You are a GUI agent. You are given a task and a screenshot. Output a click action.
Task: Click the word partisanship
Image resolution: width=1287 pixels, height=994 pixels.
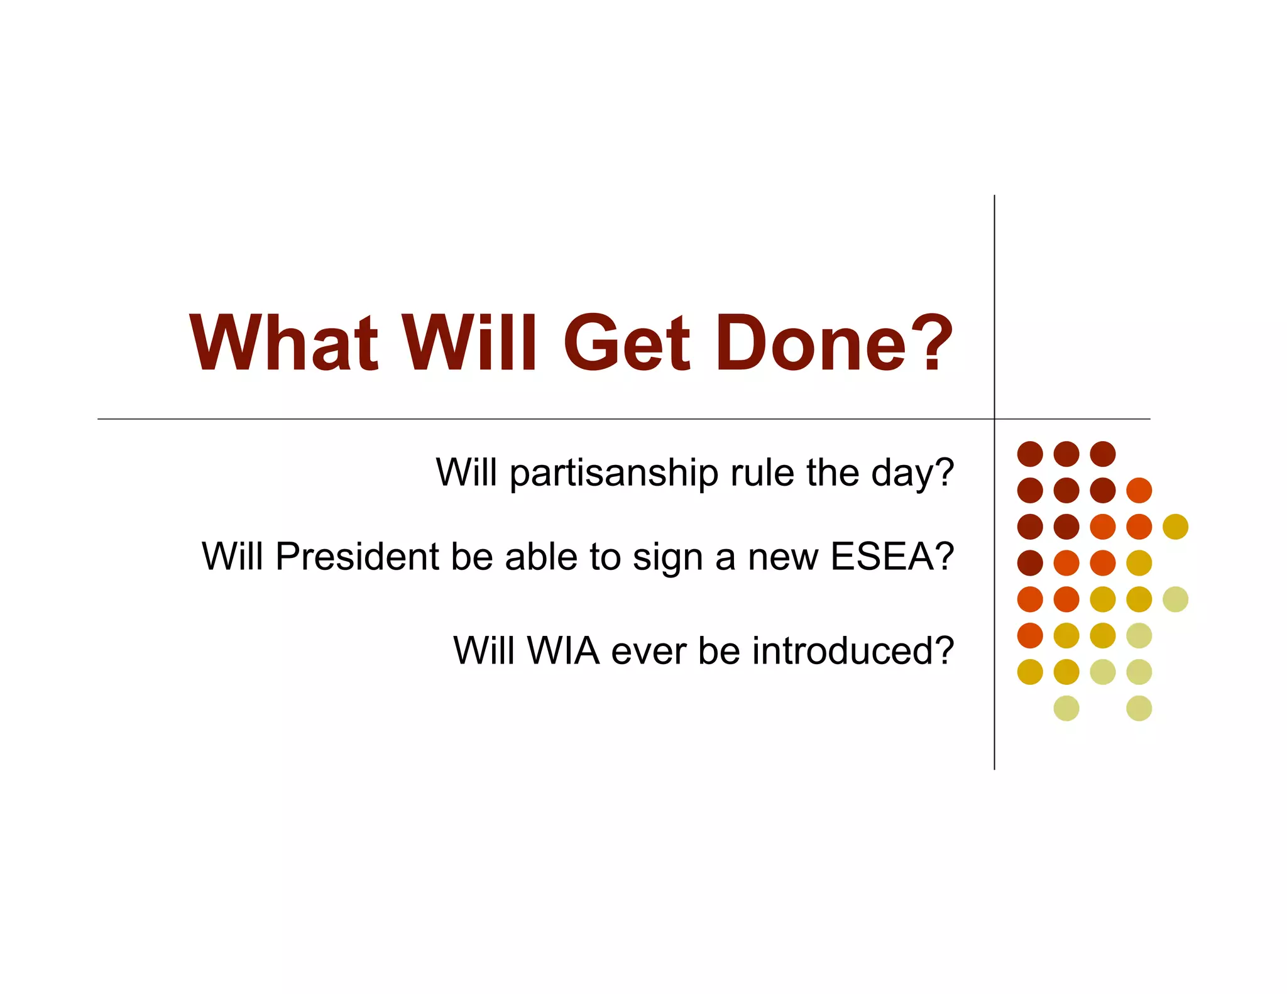pyautogui.click(x=613, y=474)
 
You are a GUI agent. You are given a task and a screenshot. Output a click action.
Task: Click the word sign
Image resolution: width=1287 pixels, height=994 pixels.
pyautogui.click(x=667, y=558)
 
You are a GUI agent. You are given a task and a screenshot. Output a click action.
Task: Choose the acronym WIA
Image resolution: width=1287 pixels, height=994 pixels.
pyautogui.click(x=563, y=650)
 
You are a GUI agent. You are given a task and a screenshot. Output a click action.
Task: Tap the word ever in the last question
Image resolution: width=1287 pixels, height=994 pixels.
pyautogui.click(x=649, y=652)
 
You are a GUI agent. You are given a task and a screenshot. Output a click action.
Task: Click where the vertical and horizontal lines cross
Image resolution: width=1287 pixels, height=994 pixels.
pyautogui.click(x=994, y=419)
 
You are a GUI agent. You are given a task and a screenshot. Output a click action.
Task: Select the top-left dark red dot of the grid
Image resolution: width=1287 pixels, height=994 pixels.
pyautogui.click(x=1030, y=454)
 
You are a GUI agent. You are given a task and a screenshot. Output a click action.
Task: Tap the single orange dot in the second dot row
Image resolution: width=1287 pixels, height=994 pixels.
pyautogui.click(x=1139, y=490)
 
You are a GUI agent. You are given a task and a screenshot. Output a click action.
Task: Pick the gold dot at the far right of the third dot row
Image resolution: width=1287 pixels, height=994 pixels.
pyautogui.click(x=1175, y=527)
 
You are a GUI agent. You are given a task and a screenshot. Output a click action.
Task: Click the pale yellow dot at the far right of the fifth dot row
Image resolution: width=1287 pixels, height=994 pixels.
pyautogui.click(x=1175, y=599)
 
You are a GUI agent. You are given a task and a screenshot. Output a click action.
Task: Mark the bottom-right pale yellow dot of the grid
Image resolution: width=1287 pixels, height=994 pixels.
pyautogui.click(x=1139, y=708)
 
